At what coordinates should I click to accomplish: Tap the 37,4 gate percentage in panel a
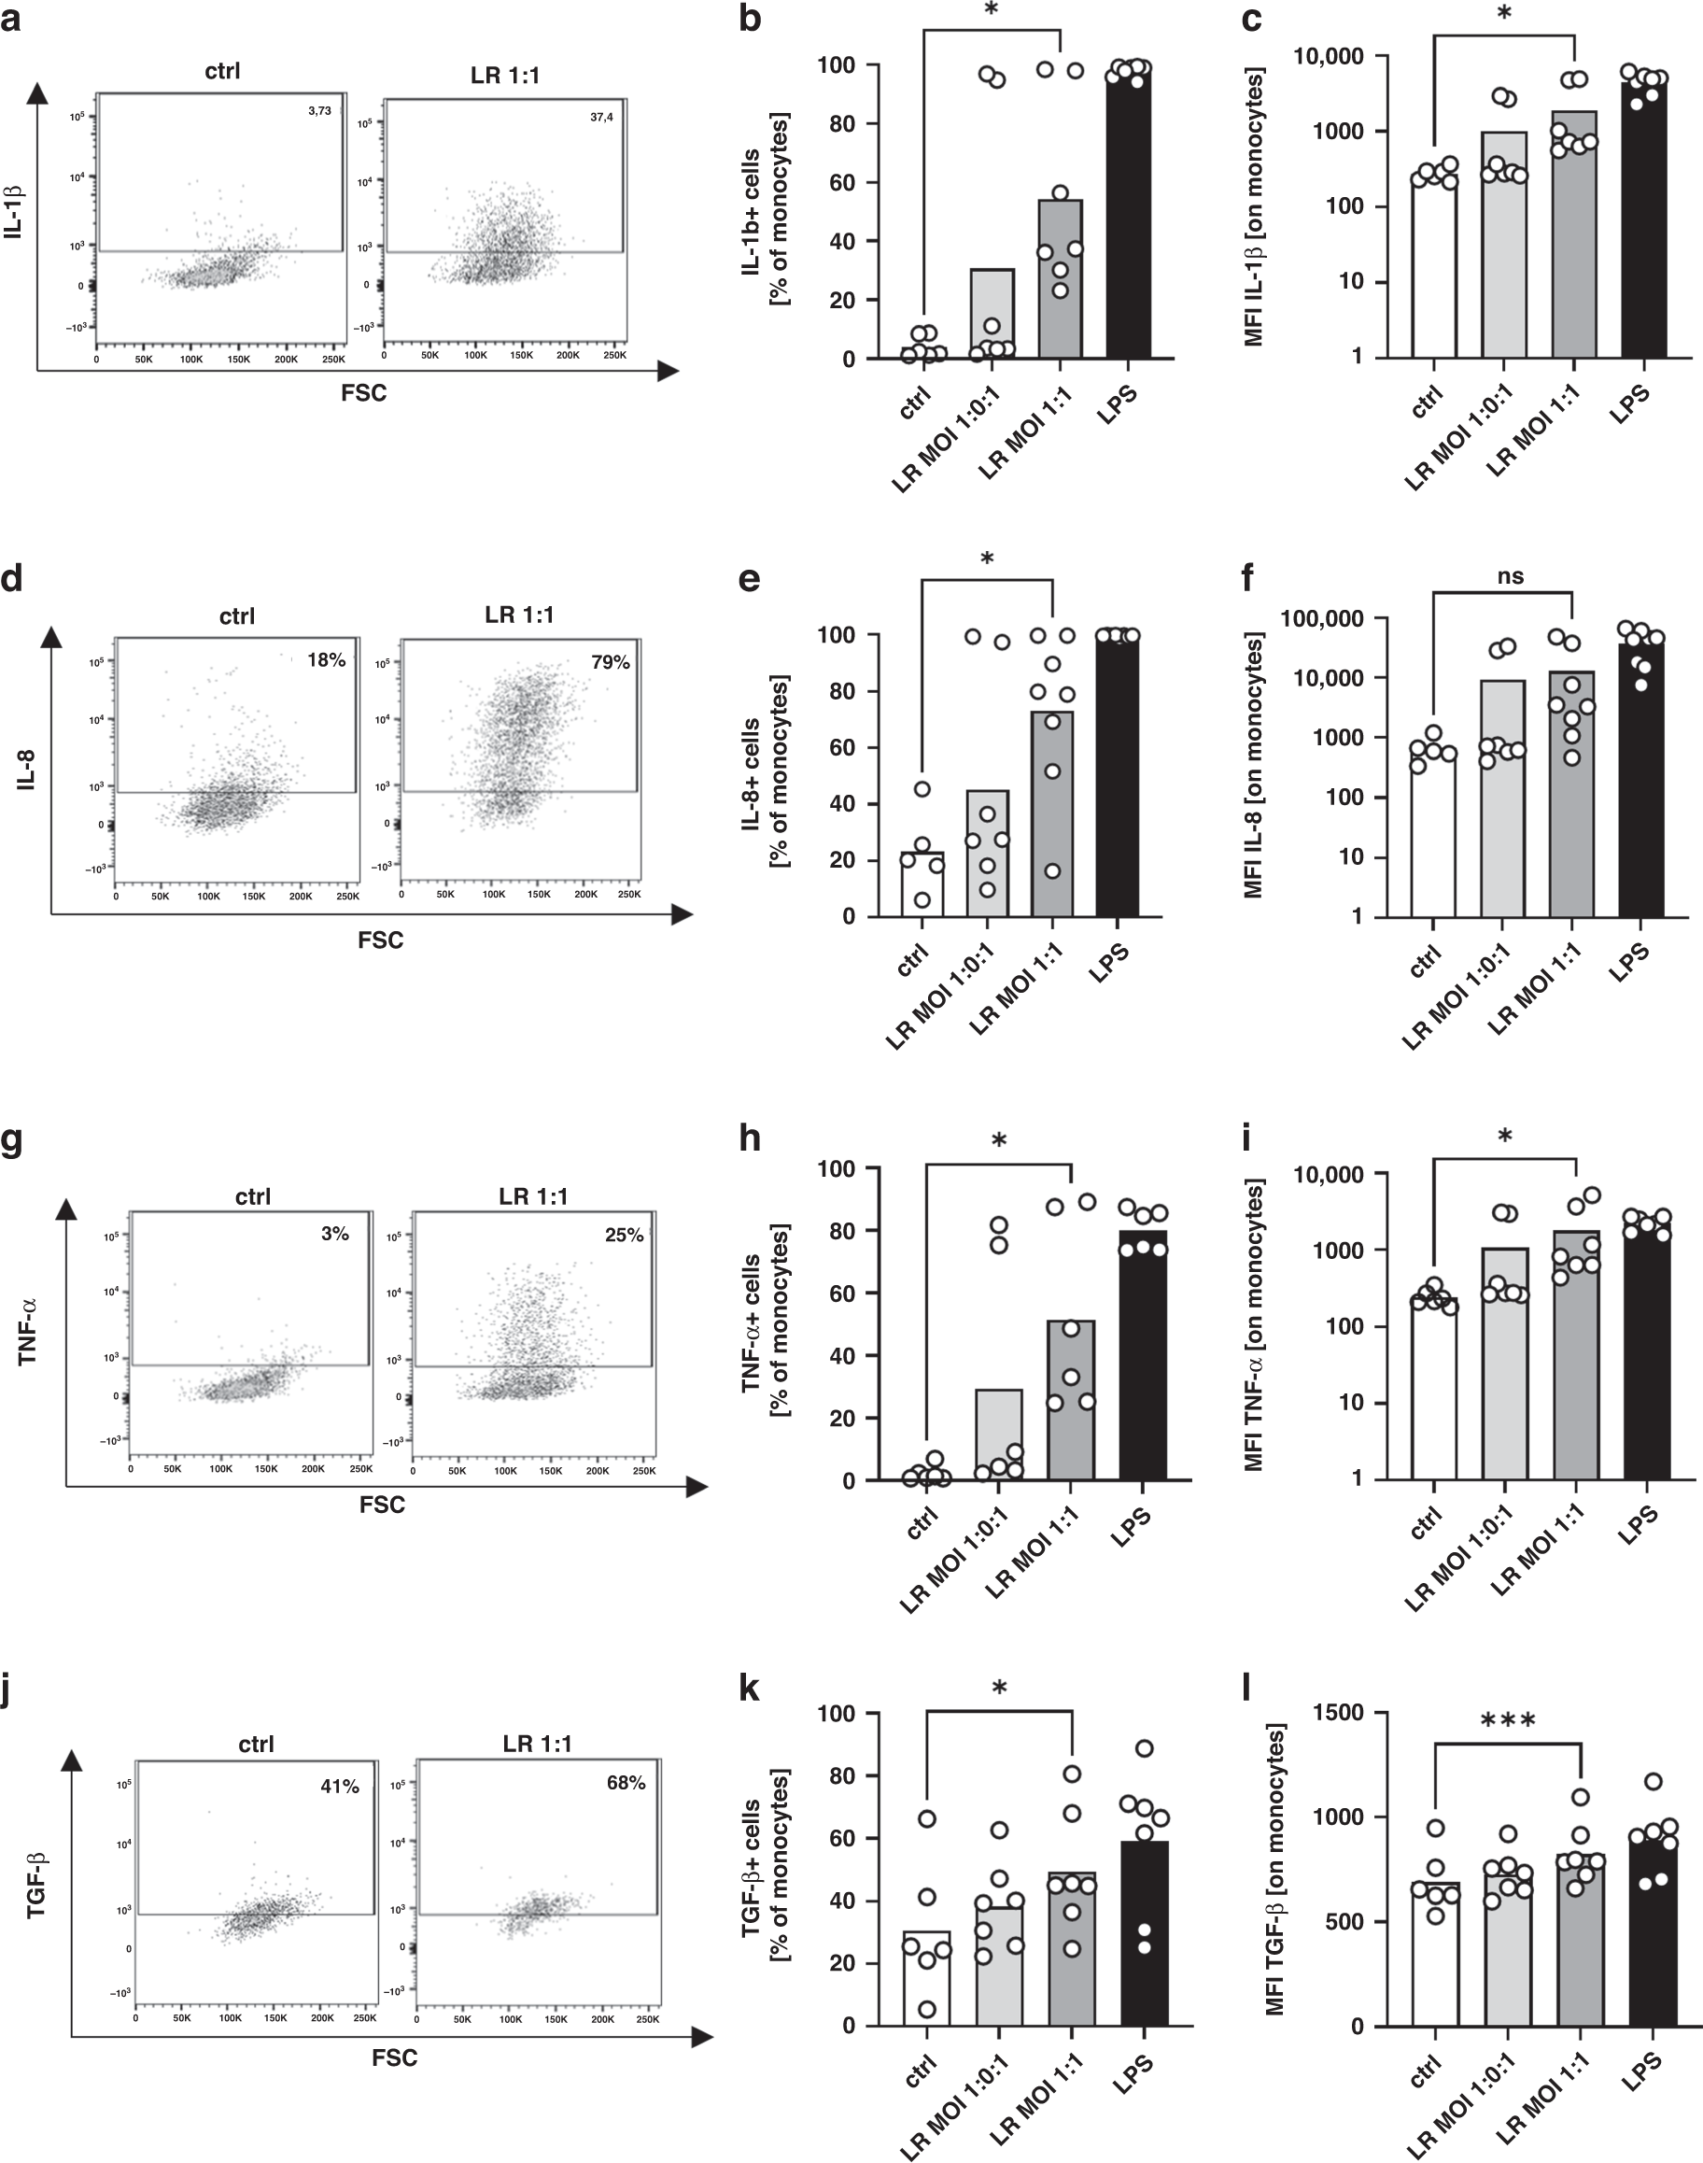(600, 118)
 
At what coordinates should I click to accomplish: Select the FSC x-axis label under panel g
(382, 1505)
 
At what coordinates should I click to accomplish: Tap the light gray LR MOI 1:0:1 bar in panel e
(986, 853)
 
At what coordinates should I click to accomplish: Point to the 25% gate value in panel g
(625, 1235)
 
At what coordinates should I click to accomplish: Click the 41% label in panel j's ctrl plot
(339, 1787)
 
